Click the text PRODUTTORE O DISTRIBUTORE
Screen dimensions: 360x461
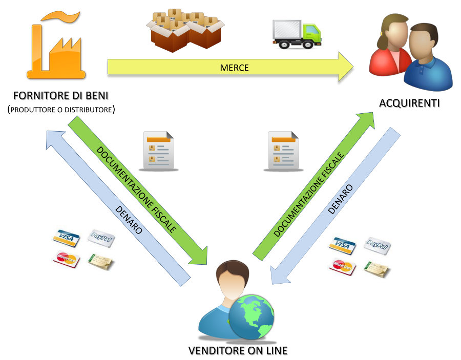click(61, 109)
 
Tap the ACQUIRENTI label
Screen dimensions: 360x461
click(409, 103)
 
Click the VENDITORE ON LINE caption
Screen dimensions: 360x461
click(238, 351)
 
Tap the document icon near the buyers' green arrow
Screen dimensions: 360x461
click(281, 151)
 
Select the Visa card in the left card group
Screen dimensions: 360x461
click(67, 238)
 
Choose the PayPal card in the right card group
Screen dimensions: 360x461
click(377, 245)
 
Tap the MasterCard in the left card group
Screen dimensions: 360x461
click(66, 259)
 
